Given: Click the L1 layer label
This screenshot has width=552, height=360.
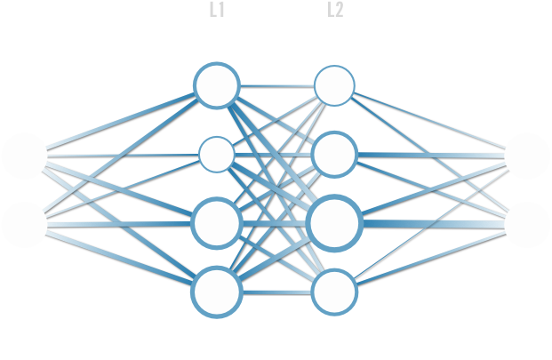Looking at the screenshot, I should (x=217, y=11).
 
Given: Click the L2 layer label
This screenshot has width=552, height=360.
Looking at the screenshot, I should (x=334, y=11).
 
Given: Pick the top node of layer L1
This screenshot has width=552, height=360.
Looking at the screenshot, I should (x=217, y=85).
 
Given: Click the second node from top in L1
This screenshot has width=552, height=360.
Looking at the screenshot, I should (x=217, y=155).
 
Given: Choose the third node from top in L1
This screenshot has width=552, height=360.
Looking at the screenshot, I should (x=217, y=223).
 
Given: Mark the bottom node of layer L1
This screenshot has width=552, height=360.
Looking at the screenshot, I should (x=217, y=292).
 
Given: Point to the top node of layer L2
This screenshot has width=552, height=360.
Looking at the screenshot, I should (x=334, y=85).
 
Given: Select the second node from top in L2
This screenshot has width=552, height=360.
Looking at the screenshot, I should (x=334, y=155).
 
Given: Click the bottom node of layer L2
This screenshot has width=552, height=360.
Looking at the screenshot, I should (x=334, y=292).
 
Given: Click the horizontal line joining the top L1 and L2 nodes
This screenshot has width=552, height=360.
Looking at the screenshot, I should (x=276, y=85).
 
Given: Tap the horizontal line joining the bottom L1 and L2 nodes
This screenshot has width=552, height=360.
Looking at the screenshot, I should (x=275, y=292).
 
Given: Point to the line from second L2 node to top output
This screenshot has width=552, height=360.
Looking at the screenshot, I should (x=431, y=156).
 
